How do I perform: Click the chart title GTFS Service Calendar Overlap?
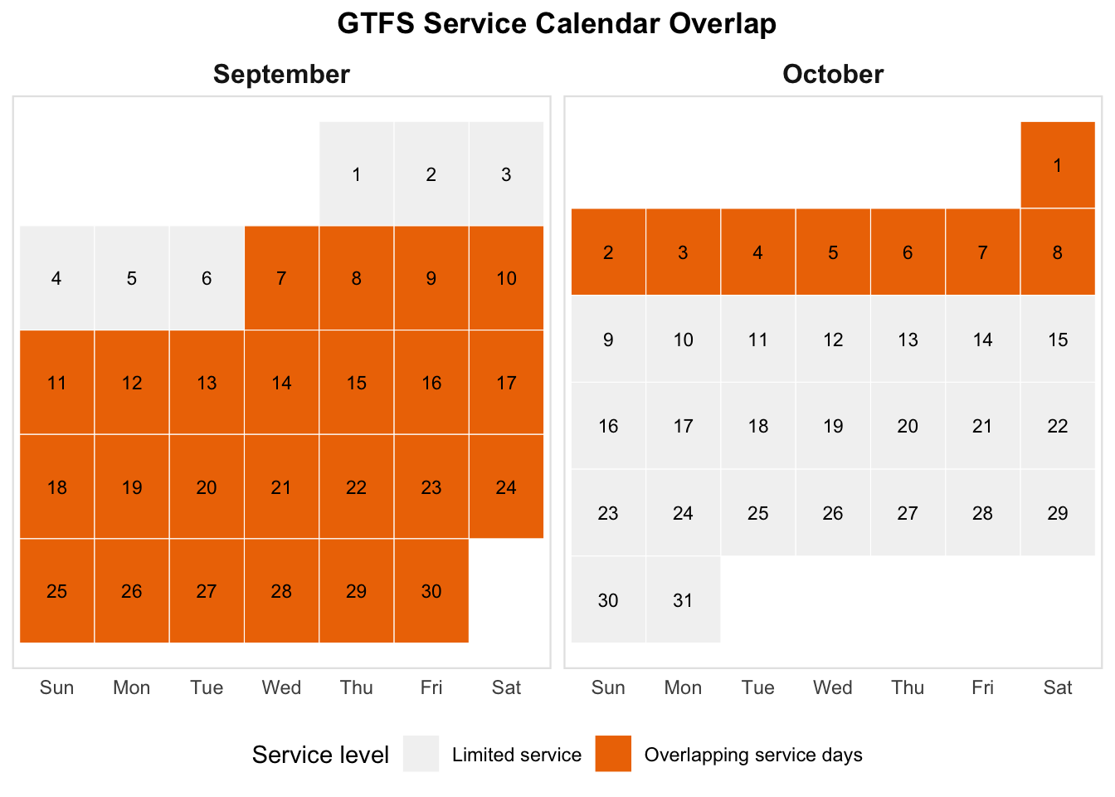pos(557,24)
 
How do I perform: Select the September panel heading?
pos(281,74)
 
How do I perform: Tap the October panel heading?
pos(833,74)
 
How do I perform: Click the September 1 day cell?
pos(357,174)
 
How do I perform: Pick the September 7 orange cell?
pos(281,278)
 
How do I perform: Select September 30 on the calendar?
pos(431,591)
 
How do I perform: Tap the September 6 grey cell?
pos(207,278)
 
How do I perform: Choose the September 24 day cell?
pos(506,487)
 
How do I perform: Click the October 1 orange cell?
pos(1058,165)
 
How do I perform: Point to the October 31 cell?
pos(683,599)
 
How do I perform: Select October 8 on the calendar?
pos(1058,252)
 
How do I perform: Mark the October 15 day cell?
pos(1058,339)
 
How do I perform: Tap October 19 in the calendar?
pos(833,426)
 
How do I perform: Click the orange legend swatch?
pos(613,754)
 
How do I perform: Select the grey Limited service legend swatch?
pos(421,754)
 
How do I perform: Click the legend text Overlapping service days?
pos(753,755)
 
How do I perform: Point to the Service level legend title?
pos(320,755)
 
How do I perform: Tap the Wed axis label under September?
pos(281,687)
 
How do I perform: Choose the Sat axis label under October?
pos(1058,687)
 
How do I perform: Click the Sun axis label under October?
pos(608,687)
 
